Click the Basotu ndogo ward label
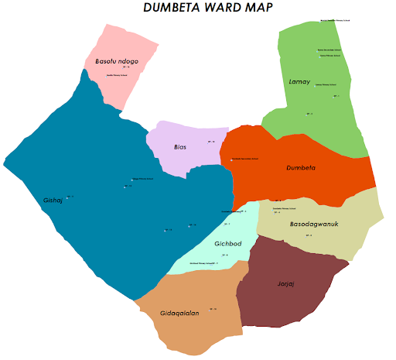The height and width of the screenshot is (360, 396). tap(116, 60)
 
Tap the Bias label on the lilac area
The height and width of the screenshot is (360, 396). tap(180, 147)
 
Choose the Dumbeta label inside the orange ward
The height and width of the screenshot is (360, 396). tap(301, 167)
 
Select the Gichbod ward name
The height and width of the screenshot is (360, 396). tap(229, 244)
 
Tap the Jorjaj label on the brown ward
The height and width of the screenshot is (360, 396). tap(286, 283)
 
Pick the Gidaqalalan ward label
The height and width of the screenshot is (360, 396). tap(179, 313)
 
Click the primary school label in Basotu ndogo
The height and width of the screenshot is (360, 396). tap(116, 76)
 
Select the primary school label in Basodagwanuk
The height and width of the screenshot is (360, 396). tap(285, 208)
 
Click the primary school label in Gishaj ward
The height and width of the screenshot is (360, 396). tap(142, 179)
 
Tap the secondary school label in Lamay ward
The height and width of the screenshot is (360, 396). tap(329, 50)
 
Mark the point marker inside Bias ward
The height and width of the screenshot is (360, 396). tap(211, 142)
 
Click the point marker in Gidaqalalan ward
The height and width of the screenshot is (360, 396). tap(212, 310)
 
